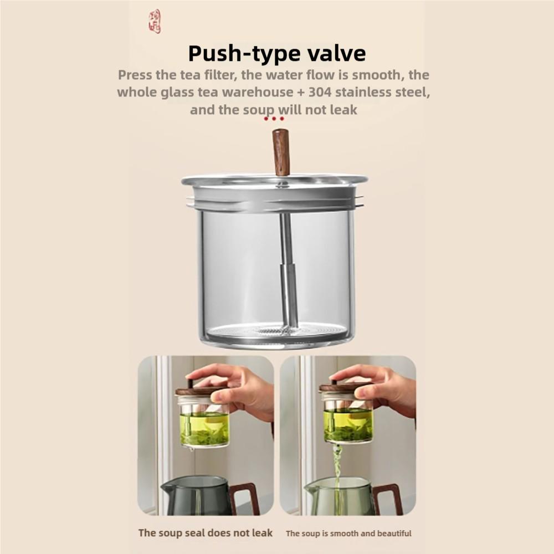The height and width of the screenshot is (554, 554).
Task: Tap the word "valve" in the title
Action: (x=335, y=54)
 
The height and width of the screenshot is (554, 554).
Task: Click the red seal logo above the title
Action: (x=155, y=22)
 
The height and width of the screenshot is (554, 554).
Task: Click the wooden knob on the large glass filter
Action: (x=281, y=152)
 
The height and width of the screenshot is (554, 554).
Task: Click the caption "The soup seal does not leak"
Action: (x=206, y=533)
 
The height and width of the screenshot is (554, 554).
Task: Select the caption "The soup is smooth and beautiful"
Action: (x=348, y=534)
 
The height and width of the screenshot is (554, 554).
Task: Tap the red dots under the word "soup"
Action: (x=274, y=119)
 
